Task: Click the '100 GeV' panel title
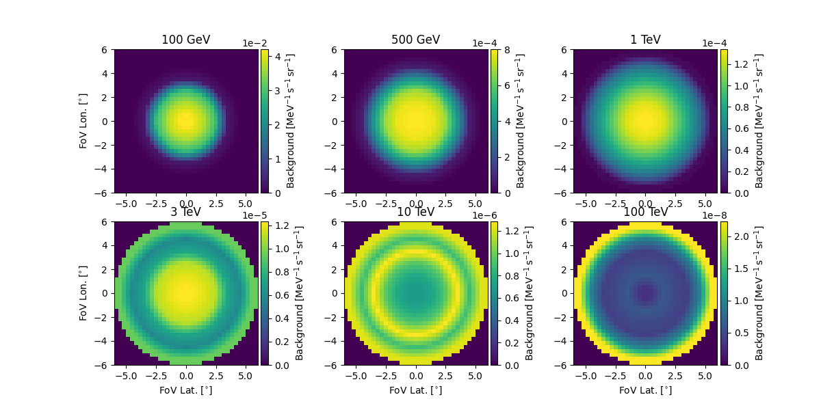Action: pos(185,40)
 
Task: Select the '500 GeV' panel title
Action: pos(415,40)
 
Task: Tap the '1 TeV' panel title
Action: pos(645,40)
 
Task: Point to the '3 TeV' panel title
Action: pos(185,212)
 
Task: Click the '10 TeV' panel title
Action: pos(415,212)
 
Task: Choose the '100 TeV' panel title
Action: pos(645,212)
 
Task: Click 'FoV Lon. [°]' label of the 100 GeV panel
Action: pos(83,121)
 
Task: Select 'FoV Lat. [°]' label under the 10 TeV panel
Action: pos(415,390)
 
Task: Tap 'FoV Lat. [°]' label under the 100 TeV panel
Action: pos(645,390)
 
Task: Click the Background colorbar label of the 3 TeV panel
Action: pos(300,293)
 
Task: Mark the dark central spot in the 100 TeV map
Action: pos(644,293)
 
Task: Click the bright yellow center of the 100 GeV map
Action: pos(185,121)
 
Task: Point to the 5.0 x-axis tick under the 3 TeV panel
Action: pos(246,376)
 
